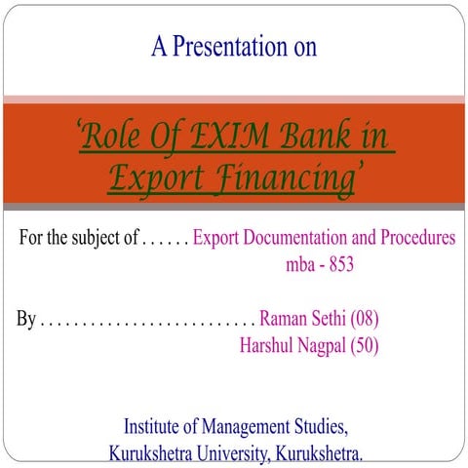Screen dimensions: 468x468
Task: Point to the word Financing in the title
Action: pos(272,178)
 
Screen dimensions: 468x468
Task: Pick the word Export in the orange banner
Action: pos(148,178)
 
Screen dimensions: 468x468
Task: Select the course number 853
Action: pos(338,263)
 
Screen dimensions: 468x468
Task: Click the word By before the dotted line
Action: pos(27,319)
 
